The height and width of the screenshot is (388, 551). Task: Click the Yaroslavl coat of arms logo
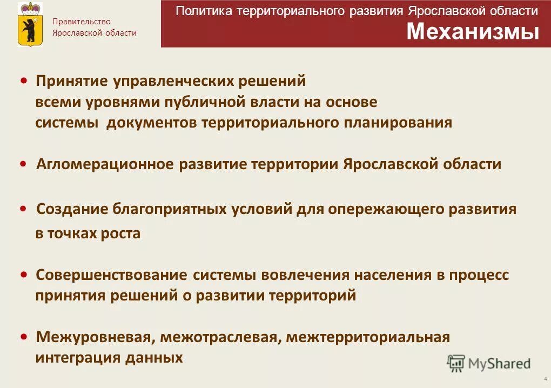tap(30, 24)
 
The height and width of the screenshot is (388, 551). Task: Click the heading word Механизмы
tap(473, 32)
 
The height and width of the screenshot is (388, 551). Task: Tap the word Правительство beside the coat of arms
tap(81, 22)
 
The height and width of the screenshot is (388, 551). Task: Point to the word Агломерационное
tap(105, 164)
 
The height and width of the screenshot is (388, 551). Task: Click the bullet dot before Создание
tap(24, 209)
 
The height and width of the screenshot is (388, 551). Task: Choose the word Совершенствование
tap(112, 275)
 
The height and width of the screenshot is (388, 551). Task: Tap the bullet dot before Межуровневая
tap(24, 337)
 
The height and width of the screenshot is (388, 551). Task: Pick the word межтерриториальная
tap(368, 338)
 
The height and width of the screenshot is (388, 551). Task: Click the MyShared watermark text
tap(499, 364)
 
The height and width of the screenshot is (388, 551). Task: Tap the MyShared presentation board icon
tap(456, 363)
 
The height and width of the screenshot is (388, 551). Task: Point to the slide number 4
tap(545, 379)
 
